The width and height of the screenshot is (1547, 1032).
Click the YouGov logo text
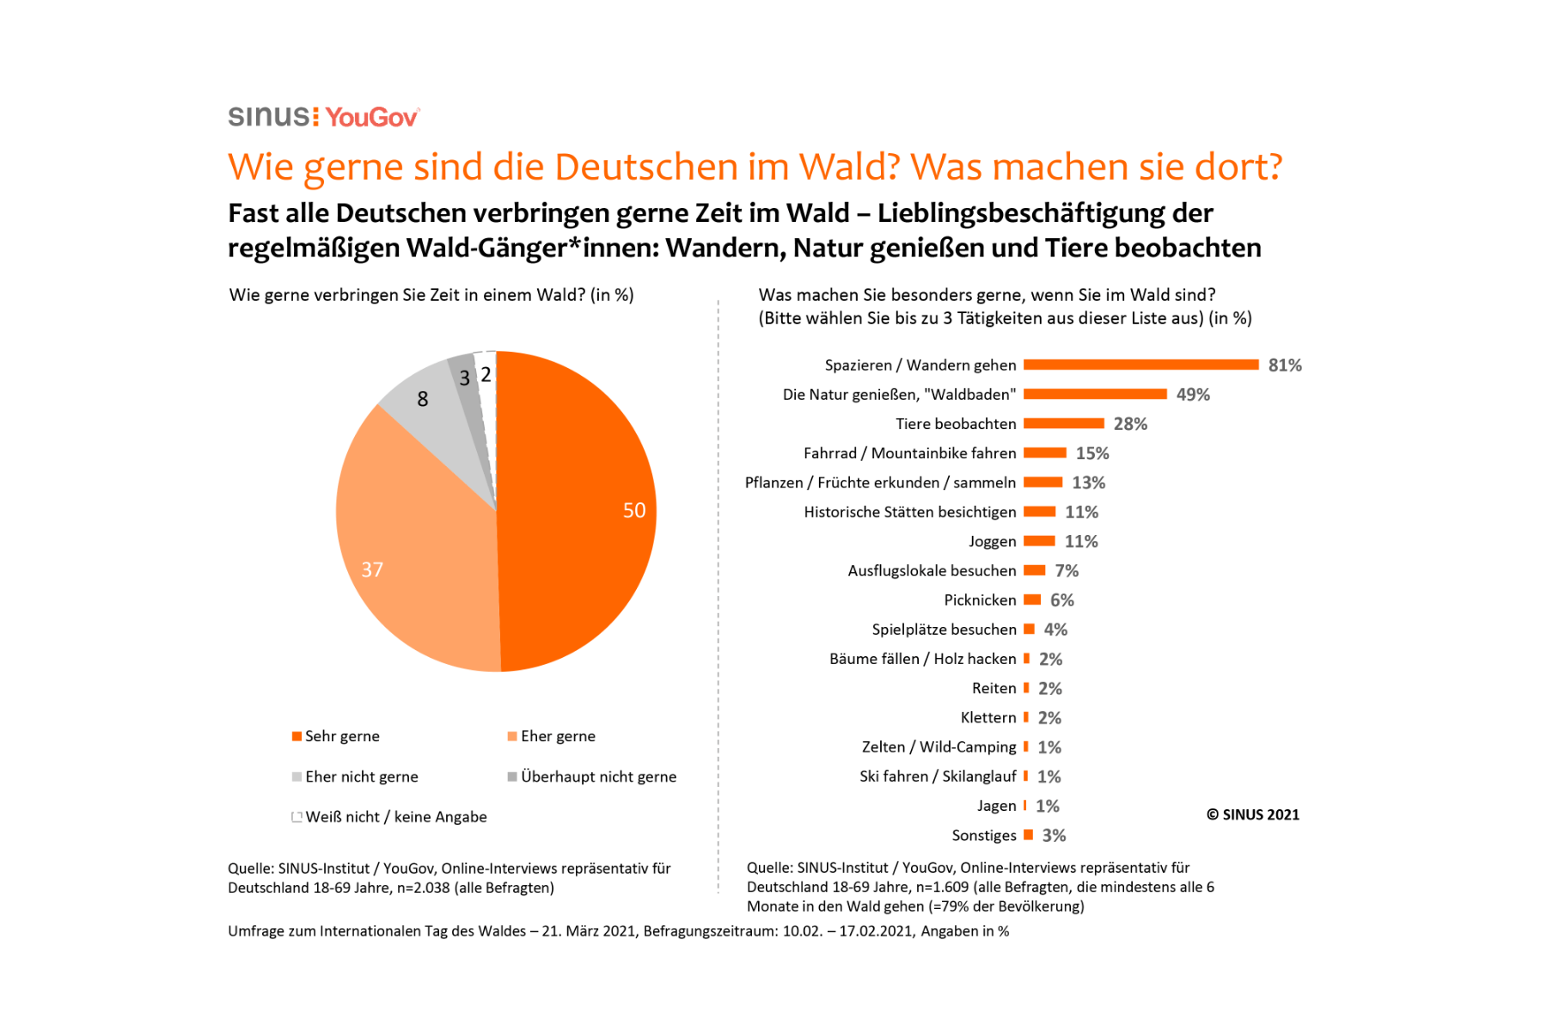371,117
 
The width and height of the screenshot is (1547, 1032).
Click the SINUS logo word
269,116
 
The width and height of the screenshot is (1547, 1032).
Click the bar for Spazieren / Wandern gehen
1140,365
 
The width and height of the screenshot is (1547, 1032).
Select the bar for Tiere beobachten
1063,423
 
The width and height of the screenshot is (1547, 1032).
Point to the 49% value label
1193,395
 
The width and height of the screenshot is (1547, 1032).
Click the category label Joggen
992,541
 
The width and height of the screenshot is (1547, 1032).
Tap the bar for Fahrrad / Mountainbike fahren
1044,452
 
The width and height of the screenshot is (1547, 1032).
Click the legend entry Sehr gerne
341,736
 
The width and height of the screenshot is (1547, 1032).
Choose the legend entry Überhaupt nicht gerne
598,777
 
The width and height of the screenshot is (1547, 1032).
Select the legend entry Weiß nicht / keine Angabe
395,817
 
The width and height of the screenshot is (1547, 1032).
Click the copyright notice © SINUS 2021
1253,814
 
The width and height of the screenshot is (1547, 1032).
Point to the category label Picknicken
980,600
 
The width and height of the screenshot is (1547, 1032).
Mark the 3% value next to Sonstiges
1054,836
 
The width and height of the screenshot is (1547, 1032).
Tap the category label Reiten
994,688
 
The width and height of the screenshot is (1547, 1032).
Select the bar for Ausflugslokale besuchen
1034,570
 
